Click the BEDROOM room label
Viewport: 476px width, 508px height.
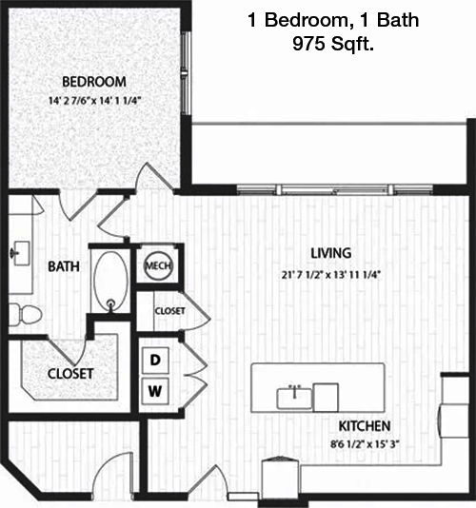(x=94, y=82)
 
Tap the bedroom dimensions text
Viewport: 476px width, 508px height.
(x=94, y=101)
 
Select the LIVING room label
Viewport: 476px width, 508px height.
(x=331, y=253)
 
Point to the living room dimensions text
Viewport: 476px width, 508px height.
(x=330, y=275)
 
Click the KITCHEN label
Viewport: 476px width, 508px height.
(x=365, y=426)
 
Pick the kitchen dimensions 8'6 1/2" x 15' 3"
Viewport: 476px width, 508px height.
(x=365, y=444)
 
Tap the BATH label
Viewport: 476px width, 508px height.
(x=64, y=266)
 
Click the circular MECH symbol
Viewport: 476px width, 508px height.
(x=158, y=265)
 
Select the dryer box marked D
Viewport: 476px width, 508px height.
(x=155, y=360)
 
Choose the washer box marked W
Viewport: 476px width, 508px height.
(x=155, y=391)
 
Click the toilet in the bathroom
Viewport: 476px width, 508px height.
(x=25, y=314)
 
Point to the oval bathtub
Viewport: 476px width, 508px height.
(x=110, y=282)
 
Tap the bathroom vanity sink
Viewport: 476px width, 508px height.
(x=21, y=253)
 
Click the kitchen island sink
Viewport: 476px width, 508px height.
(x=294, y=399)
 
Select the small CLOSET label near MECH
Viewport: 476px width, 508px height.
(x=169, y=311)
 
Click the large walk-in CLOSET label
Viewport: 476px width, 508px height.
(x=70, y=374)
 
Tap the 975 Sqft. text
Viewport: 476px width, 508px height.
(x=333, y=44)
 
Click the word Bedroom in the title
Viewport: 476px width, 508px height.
(x=307, y=20)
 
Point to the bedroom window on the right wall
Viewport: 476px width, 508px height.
(x=186, y=73)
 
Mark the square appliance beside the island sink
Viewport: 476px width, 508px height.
(x=326, y=398)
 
